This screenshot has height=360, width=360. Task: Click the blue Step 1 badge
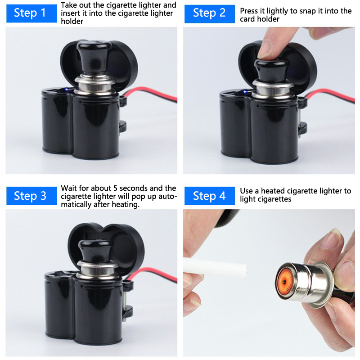tap(31, 13)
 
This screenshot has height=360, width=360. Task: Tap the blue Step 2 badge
tap(210, 13)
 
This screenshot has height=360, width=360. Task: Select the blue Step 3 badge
tap(31, 196)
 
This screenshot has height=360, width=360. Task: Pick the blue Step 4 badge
tap(210, 196)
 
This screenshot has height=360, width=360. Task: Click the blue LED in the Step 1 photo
tap(66, 89)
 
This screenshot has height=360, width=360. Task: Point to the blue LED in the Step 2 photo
tap(245, 92)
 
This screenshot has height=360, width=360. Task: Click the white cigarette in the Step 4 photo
tap(215, 267)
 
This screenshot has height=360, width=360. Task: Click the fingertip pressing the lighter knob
tap(265, 50)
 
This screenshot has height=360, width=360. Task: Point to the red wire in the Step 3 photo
tap(152, 273)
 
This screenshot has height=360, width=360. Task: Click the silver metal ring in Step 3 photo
tap(97, 269)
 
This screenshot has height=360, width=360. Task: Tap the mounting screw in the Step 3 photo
tap(125, 298)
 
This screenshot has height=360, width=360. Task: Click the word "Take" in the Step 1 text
tap(69, 5)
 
